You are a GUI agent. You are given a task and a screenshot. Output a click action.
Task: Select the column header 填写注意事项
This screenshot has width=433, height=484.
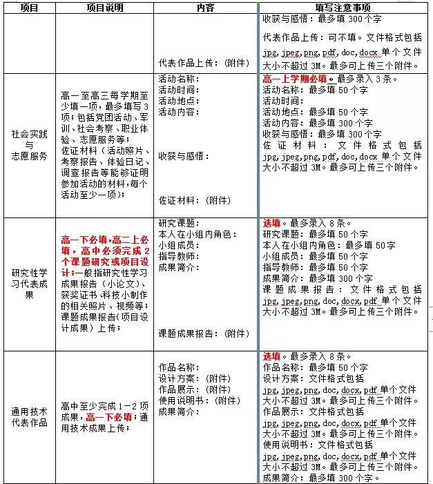click(x=343, y=8)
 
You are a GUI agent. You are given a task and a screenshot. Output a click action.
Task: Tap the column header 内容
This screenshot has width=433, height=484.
click(x=205, y=8)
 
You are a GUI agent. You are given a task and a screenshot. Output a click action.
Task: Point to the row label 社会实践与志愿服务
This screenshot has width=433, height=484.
click(x=30, y=144)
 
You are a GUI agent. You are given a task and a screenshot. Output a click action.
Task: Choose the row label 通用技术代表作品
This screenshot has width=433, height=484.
click(x=30, y=417)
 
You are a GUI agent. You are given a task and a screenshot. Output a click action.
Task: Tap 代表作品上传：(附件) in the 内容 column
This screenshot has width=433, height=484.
click(x=204, y=63)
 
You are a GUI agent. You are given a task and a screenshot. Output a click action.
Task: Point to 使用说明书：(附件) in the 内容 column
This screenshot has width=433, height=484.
click(x=195, y=400)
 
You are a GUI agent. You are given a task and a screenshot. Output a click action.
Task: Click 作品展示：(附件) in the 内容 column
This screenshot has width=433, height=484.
click(x=190, y=389)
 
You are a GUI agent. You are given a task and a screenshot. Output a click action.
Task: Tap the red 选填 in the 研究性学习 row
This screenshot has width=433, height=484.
click(x=271, y=223)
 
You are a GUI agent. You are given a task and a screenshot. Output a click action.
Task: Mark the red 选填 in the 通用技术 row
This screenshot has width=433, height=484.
click(x=271, y=356)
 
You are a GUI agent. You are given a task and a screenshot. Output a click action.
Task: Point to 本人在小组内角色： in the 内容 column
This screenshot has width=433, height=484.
click(x=198, y=234)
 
